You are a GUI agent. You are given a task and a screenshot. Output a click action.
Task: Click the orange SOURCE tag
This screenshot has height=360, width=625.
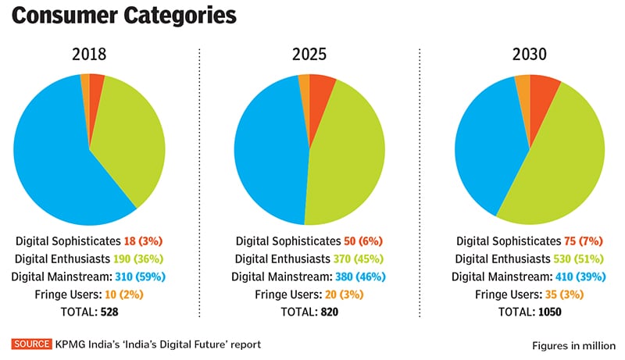[x=31, y=344]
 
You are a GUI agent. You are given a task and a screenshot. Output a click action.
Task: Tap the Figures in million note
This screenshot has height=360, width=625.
[x=574, y=345]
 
